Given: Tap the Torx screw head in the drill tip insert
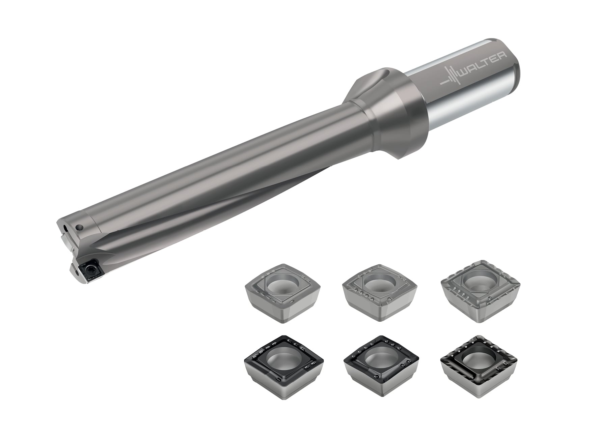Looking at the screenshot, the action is pyautogui.click(x=90, y=269).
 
